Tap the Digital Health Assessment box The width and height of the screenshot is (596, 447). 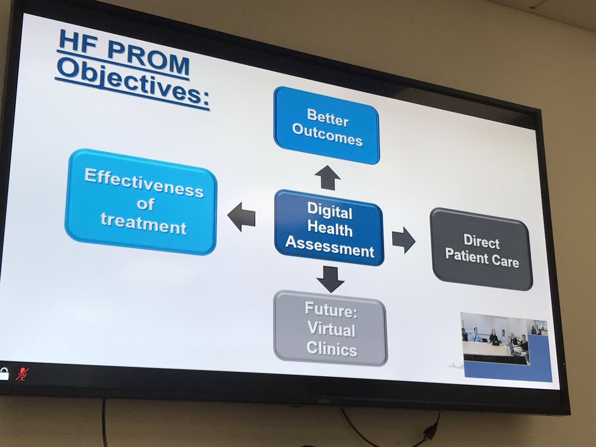point(329,228)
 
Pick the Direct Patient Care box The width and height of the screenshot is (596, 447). point(481,249)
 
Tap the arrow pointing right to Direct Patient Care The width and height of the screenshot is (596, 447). point(403,240)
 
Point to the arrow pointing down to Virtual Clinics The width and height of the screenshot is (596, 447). point(330,279)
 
